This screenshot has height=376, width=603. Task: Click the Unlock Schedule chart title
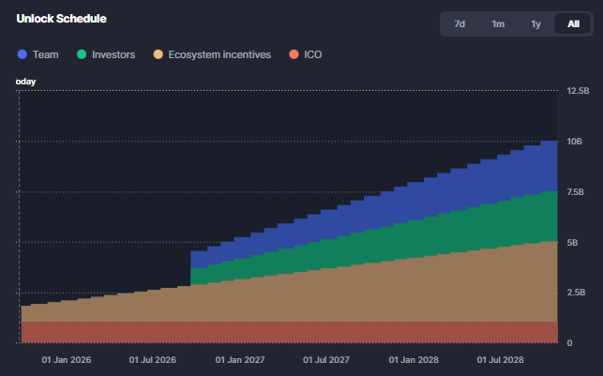tap(61, 19)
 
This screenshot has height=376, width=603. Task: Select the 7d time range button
tap(460, 23)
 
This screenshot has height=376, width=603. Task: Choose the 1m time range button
tap(497, 23)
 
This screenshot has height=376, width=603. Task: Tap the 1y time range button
tap(535, 23)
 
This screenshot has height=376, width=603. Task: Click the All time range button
tap(573, 23)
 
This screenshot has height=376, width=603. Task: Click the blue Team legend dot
tap(23, 54)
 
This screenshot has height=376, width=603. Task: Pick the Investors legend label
tap(113, 54)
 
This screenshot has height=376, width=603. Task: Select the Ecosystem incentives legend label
tap(219, 54)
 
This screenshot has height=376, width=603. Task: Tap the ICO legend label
tap(312, 54)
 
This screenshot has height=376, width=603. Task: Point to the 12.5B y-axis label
tap(578, 91)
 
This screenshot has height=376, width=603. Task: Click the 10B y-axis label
tap(575, 142)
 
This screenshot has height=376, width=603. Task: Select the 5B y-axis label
tap(572, 242)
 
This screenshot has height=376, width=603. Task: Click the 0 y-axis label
tap(569, 343)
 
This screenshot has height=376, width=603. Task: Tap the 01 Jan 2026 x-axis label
tap(68, 359)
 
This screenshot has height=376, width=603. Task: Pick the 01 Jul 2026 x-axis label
tap(153, 359)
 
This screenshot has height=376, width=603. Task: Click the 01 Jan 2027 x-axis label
tap(240, 359)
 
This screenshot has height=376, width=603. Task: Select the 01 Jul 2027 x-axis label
tap(325, 359)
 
